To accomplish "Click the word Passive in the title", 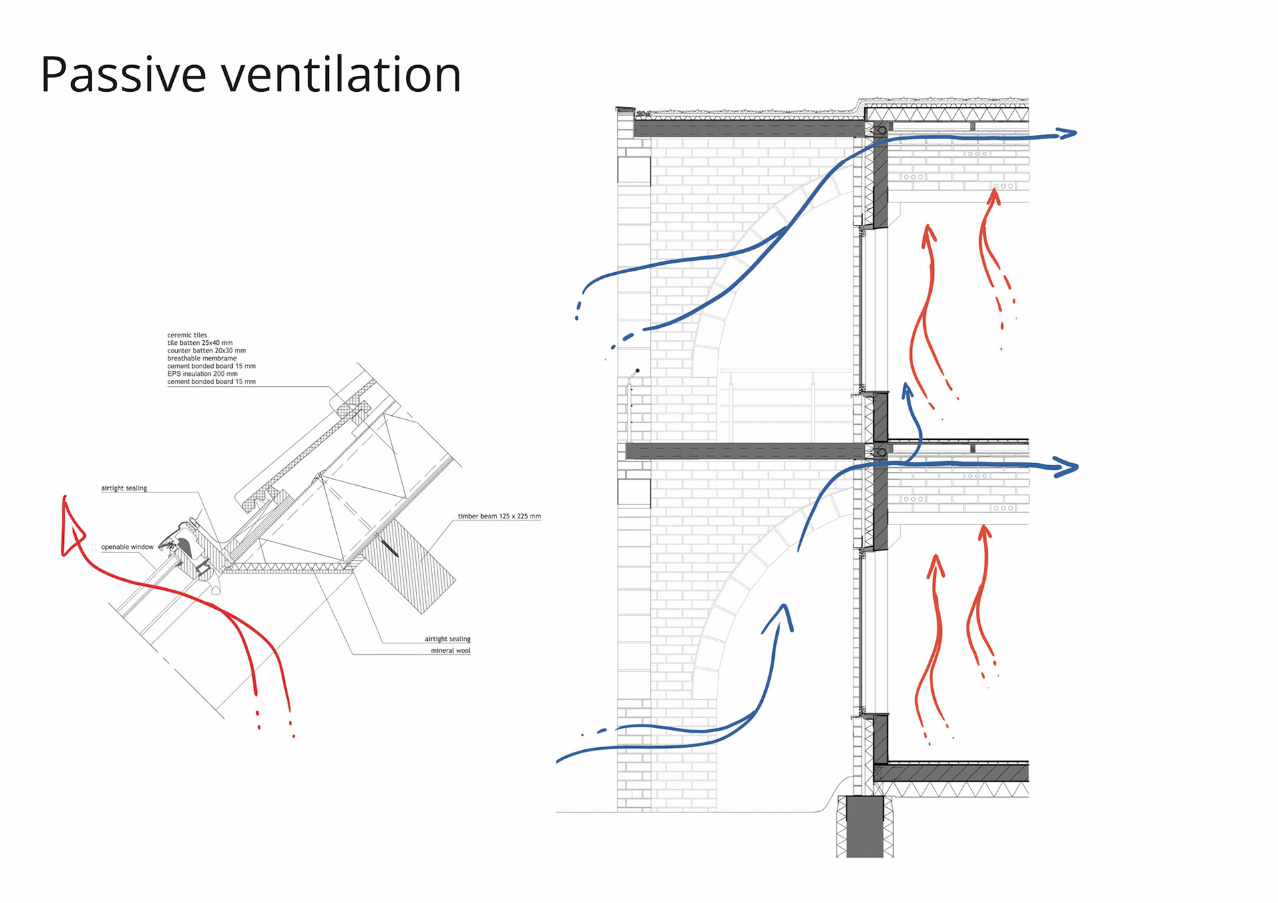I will (123, 75).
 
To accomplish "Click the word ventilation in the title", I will (341, 75).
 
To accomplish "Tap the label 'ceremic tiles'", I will (187, 335).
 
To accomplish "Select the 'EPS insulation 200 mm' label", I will (202, 374).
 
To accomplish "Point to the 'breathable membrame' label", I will (202, 359).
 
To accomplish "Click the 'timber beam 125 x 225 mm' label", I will (499, 516).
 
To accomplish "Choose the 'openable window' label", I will (127, 547).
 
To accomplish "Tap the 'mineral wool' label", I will (450, 651).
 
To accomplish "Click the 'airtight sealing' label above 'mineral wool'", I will (447, 639).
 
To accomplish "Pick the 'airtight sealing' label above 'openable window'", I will (124, 488).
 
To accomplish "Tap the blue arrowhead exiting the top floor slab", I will (1066, 134).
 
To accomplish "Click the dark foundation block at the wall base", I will (865, 826).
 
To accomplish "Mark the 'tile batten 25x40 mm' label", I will (200, 343).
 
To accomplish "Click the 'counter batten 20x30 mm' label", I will (206, 351).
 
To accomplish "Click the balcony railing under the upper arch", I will (785, 406).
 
